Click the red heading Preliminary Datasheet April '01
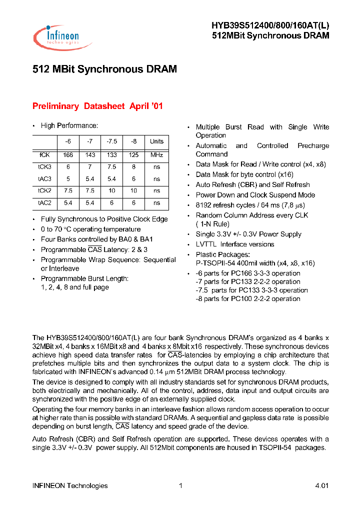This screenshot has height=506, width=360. pos(97,106)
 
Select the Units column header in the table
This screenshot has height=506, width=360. pos(156,141)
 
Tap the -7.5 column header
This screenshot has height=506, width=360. pos(111,141)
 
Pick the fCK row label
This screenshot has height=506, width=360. pos(44,155)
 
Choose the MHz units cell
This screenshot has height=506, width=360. pos(156,155)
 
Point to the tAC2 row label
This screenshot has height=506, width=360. pos(44,203)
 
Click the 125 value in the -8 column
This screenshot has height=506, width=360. pos(133,155)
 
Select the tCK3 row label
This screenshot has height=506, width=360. pos(44,167)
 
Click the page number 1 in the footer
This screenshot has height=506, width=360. pos(180,485)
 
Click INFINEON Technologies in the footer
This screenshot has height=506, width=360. pos(70,485)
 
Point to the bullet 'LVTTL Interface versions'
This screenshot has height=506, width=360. pos(234,244)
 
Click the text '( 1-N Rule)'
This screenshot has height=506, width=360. pos(212,224)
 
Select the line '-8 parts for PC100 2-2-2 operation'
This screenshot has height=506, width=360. pos(248,298)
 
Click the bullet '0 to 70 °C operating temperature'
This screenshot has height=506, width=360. pos(90,229)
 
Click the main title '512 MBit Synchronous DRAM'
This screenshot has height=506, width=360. pos(104,69)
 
